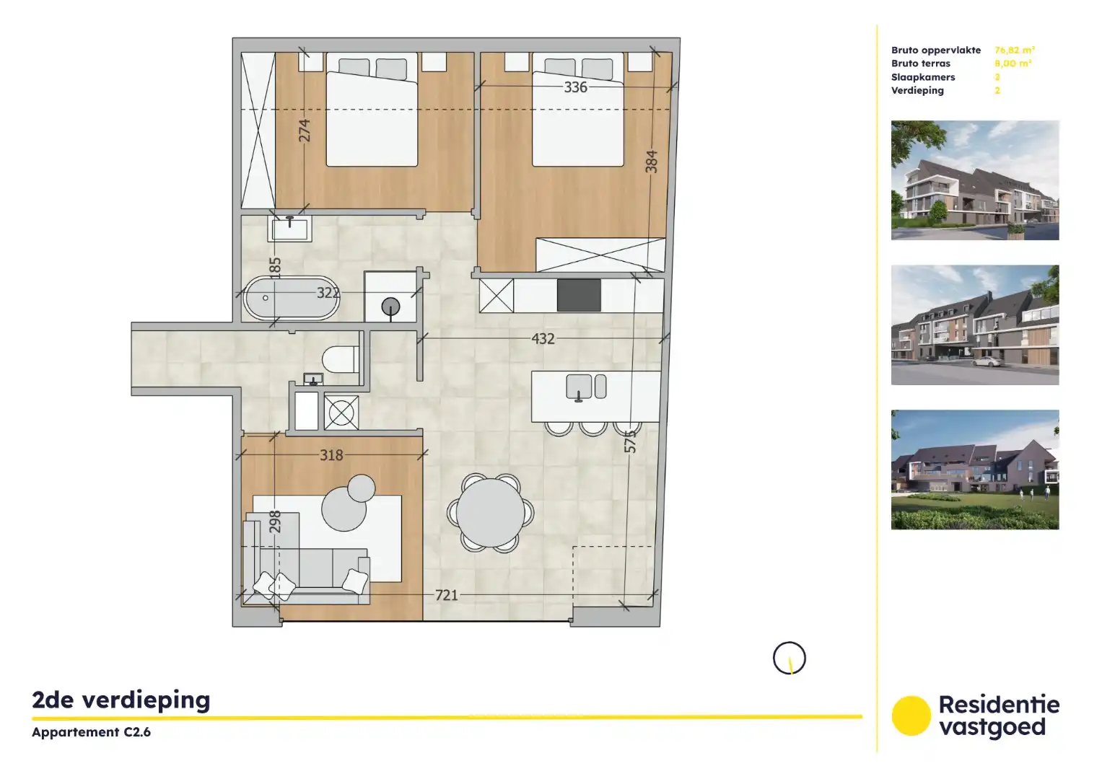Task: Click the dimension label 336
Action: (575, 87)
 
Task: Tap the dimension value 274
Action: (304, 131)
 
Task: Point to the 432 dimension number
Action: (543, 338)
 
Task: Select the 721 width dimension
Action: (446, 595)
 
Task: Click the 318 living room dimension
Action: (331, 455)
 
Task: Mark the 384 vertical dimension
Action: (651, 162)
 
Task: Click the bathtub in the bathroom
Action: (290, 298)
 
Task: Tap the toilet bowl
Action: (340, 359)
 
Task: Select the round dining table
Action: (491, 513)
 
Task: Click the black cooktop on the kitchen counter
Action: (579, 295)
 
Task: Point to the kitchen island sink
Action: (579, 387)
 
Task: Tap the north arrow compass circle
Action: (789, 658)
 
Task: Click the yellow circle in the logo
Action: (911, 716)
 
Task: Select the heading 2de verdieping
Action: (121, 700)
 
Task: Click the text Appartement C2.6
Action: (91, 732)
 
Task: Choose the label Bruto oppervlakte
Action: (936, 50)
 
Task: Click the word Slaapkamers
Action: (923, 77)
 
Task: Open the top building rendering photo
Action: (974, 180)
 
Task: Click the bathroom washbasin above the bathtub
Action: (290, 229)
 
